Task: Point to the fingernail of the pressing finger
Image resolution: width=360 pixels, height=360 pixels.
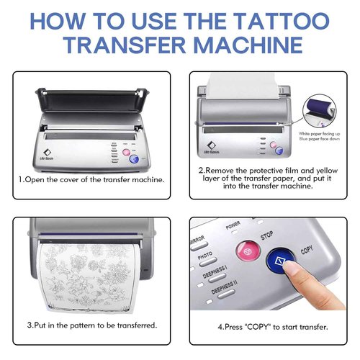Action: click(x=292, y=269)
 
